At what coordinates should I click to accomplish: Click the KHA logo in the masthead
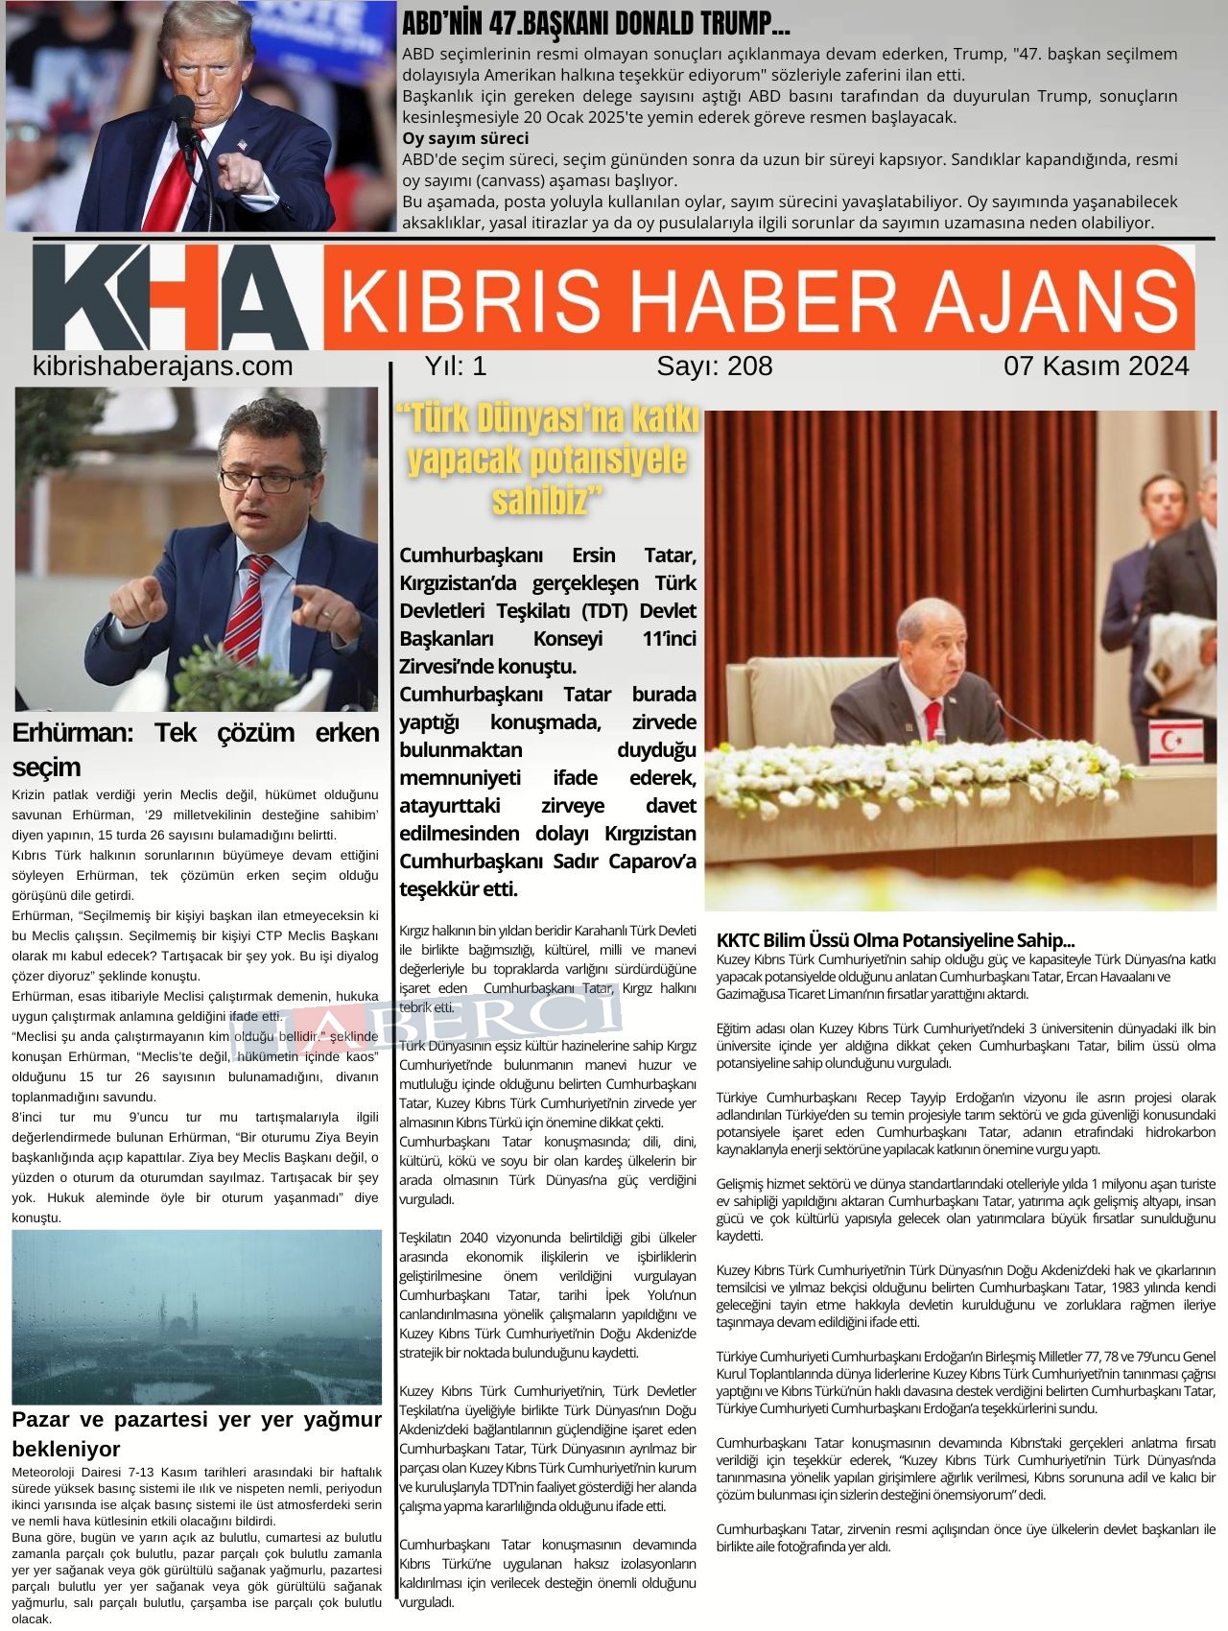[171, 297]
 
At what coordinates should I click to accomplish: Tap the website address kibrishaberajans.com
[162, 366]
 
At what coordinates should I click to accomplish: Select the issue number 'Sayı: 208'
[714, 366]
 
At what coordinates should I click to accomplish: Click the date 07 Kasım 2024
[1096, 366]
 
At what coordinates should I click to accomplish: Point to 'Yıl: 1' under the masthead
[456, 366]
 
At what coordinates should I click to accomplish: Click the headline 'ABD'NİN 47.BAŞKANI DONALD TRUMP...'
[596, 24]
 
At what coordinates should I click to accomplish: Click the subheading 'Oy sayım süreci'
[464, 138]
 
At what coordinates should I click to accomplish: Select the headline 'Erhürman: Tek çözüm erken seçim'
[195, 749]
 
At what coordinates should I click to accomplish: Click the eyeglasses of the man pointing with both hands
[265, 481]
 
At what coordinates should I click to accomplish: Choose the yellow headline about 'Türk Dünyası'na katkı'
[548, 459]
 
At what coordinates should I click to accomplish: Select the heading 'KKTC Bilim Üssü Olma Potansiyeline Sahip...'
[895, 939]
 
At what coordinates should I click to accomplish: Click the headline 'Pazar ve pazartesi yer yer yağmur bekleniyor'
[196, 1433]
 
